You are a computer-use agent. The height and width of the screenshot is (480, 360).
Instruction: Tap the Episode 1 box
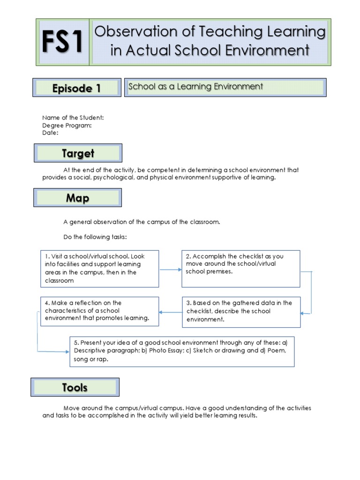click(77, 88)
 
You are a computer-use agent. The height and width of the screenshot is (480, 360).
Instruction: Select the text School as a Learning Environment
click(195, 87)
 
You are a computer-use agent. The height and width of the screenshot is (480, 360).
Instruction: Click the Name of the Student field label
click(73, 118)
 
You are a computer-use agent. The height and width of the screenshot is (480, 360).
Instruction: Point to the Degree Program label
click(67, 125)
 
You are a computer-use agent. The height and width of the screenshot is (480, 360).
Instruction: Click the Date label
click(50, 133)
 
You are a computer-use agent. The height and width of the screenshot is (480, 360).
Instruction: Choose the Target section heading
click(78, 153)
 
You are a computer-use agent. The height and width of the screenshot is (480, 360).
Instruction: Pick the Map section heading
click(77, 198)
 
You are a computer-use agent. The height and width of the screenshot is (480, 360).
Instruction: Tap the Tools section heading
click(75, 387)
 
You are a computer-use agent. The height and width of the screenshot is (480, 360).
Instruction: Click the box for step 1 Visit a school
click(99, 269)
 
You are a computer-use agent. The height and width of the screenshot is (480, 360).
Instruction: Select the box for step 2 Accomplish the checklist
click(240, 269)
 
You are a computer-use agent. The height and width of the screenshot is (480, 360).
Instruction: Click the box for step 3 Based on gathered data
click(241, 312)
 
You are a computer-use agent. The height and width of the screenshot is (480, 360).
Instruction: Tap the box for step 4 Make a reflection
click(99, 311)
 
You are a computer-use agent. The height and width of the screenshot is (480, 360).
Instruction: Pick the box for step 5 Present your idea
click(182, 351)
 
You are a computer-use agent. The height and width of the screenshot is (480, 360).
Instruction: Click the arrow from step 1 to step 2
click(170, 270)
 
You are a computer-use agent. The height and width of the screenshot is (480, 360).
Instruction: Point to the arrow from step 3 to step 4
click(170, 312)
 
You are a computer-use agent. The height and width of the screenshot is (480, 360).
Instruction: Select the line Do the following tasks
click(95, 237)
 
